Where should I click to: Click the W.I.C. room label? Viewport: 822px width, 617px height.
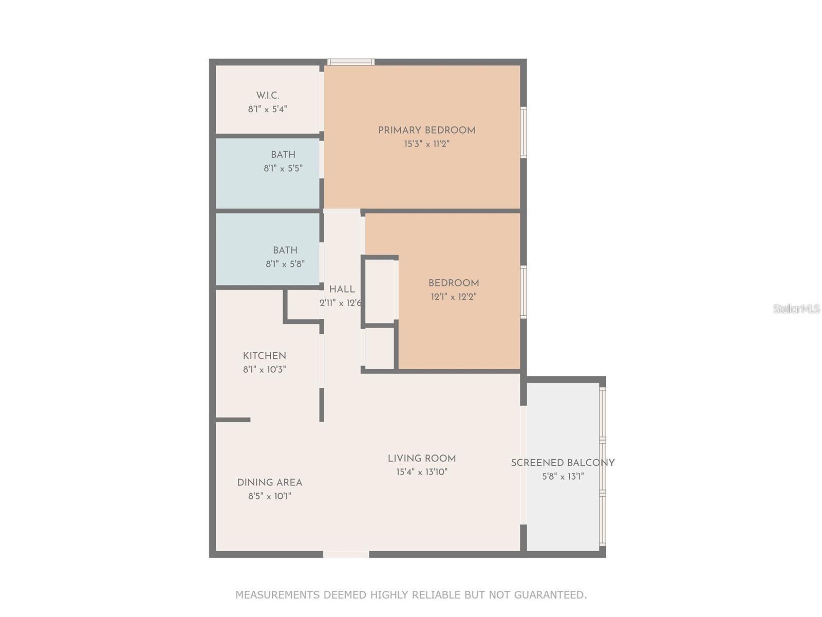(268, 96)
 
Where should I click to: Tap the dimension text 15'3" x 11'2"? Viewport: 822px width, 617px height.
(426, 144)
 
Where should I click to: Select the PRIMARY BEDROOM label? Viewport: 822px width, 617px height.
(426, 131)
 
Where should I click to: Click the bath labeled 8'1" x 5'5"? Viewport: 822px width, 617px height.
(283, 155)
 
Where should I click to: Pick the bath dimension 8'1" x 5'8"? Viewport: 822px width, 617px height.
(285, 264)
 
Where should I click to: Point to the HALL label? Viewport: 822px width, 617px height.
(342, 289)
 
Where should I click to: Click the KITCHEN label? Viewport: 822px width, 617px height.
(264, 356)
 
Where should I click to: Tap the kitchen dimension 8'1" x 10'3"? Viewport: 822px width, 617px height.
(264, 370)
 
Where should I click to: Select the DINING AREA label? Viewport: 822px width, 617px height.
(269, 483)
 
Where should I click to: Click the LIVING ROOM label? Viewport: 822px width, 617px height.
(421, 459)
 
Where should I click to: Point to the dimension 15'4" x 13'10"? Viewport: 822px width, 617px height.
(421, 473)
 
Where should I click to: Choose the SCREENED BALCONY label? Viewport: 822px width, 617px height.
(563, 463)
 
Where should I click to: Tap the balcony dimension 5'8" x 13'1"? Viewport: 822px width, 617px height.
(563, 477)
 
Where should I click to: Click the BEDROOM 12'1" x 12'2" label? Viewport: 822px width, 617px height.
(454, 283)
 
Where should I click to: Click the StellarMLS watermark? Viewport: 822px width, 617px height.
(796, 309)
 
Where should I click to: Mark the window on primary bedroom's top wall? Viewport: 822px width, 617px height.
(351, 62)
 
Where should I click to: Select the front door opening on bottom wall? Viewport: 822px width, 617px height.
(346, 554)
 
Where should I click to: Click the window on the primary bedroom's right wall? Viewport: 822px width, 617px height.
(524, 132)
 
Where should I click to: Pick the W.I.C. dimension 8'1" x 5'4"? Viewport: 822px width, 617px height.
(267, 110)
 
